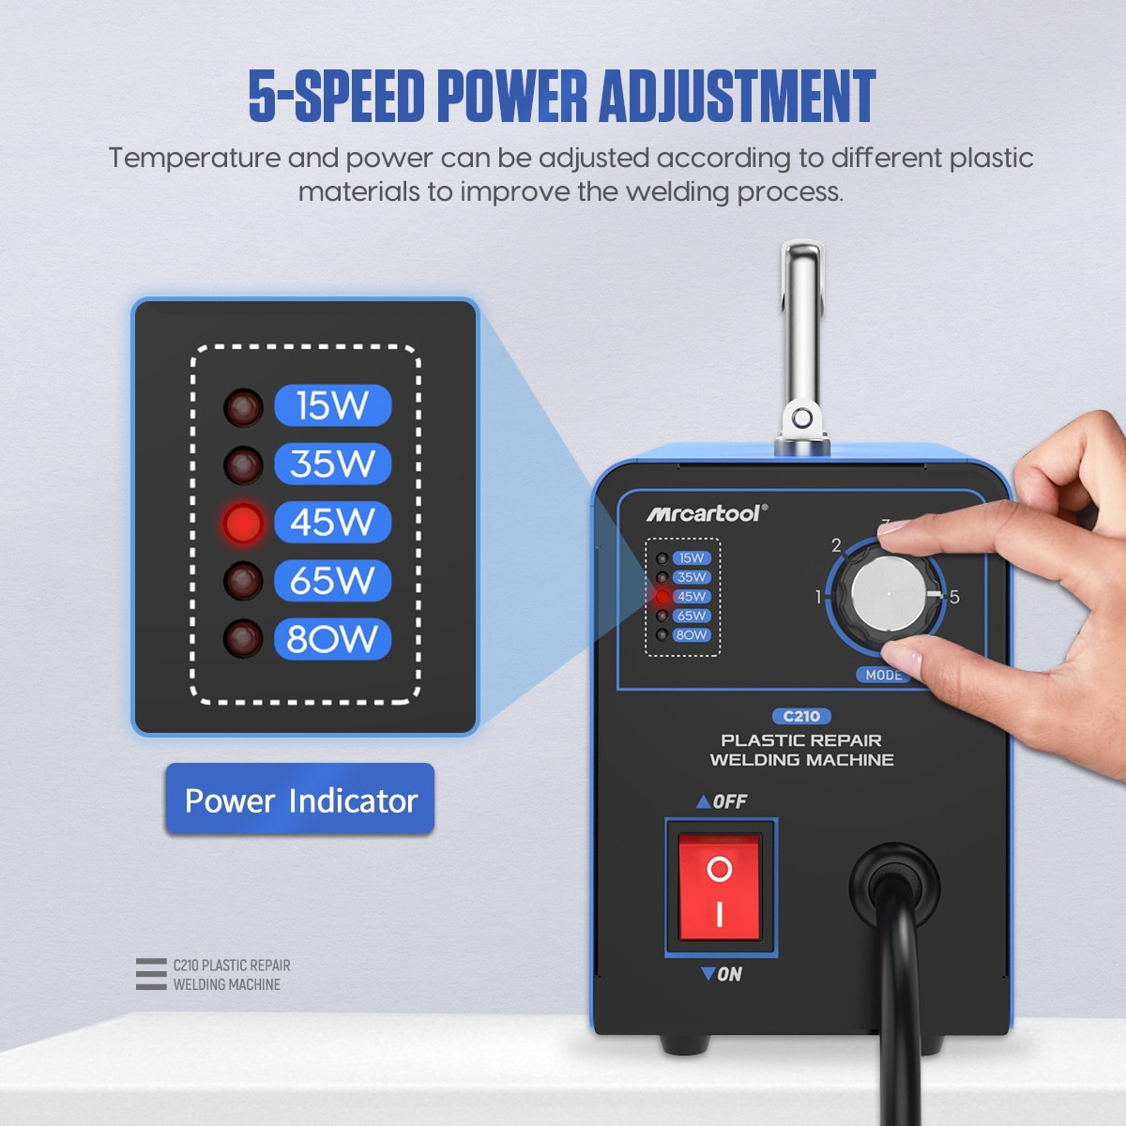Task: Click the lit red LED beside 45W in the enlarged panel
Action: (242, 523)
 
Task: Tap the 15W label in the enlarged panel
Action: (333, 405)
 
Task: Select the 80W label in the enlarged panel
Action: (333, 639)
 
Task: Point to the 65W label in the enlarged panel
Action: (333, 580)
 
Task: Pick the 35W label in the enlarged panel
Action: (333, 464)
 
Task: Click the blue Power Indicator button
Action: (299, 799)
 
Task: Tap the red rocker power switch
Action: (720, 888)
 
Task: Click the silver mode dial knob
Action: (889, 594)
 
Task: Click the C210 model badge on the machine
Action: (801, 716)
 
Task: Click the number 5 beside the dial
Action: (954, 597)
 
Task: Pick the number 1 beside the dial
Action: (818, 597)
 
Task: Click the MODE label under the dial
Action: (884, 675)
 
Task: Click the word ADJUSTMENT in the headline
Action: (738, 96)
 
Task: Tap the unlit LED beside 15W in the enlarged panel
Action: (242, 407)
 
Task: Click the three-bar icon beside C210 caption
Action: (151, 974)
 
